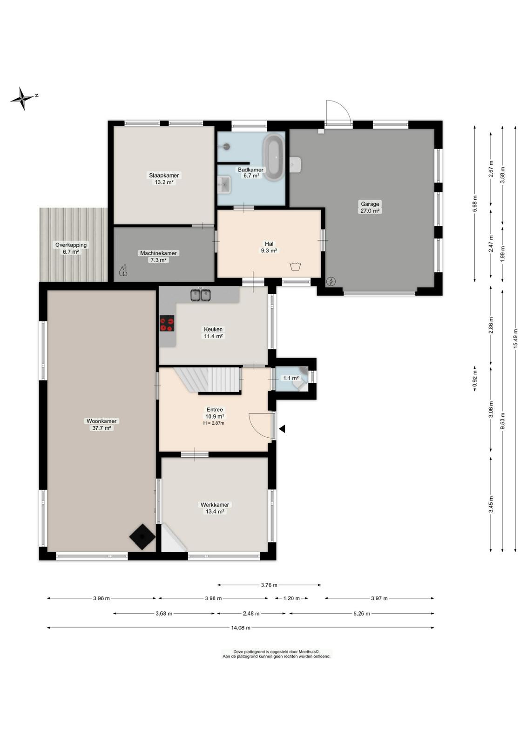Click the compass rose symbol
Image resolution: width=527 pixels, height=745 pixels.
pyautogui.click(x=23, y=98)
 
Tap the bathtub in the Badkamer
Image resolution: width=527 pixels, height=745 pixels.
pyautogui.click(x=274, y=158)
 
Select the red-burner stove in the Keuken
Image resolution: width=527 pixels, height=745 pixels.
pyautogui.click(x=167, y=324)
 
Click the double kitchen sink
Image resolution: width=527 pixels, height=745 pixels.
pyautogui.click(x=201, y=295)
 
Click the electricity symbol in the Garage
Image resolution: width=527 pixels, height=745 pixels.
pyautogui.click(x=331, y=282)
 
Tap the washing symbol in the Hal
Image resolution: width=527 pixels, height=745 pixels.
pyautogui.click(x=295, y=266)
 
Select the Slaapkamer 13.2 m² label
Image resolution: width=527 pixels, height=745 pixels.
pyautogui.click(x=164, y=179)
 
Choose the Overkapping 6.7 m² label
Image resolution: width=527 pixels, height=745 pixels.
pyautogui.click(x=71, y=248)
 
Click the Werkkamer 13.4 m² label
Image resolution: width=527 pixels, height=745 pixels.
pyautogui.click(x=215, y=508)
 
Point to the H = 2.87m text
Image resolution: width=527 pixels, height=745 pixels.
pyautogui.click(x=214, y=423)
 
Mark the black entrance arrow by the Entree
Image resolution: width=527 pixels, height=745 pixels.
pyautogui.click(x=282, y=429)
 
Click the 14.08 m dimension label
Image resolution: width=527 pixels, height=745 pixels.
pyautogui.click(x=241, y=628)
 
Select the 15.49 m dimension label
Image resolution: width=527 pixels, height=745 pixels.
pyautogui.click(x=515, y=338)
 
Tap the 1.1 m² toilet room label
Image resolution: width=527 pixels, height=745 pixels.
pyautogui.click(x=290, y=378)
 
